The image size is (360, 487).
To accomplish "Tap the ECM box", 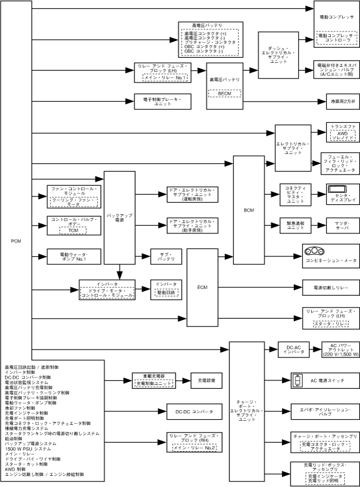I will coord(202,287).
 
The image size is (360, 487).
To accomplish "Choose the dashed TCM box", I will coord(73,230).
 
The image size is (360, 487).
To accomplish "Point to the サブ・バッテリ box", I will coord(167,256).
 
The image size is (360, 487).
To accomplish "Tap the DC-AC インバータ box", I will coord(291,349).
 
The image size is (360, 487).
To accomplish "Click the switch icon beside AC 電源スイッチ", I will coord(298,381).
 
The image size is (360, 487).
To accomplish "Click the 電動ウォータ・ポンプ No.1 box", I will coord(73,256).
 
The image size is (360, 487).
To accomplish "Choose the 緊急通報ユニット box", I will coord(295,226).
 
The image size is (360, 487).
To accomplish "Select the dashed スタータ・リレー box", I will coord(332,324).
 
